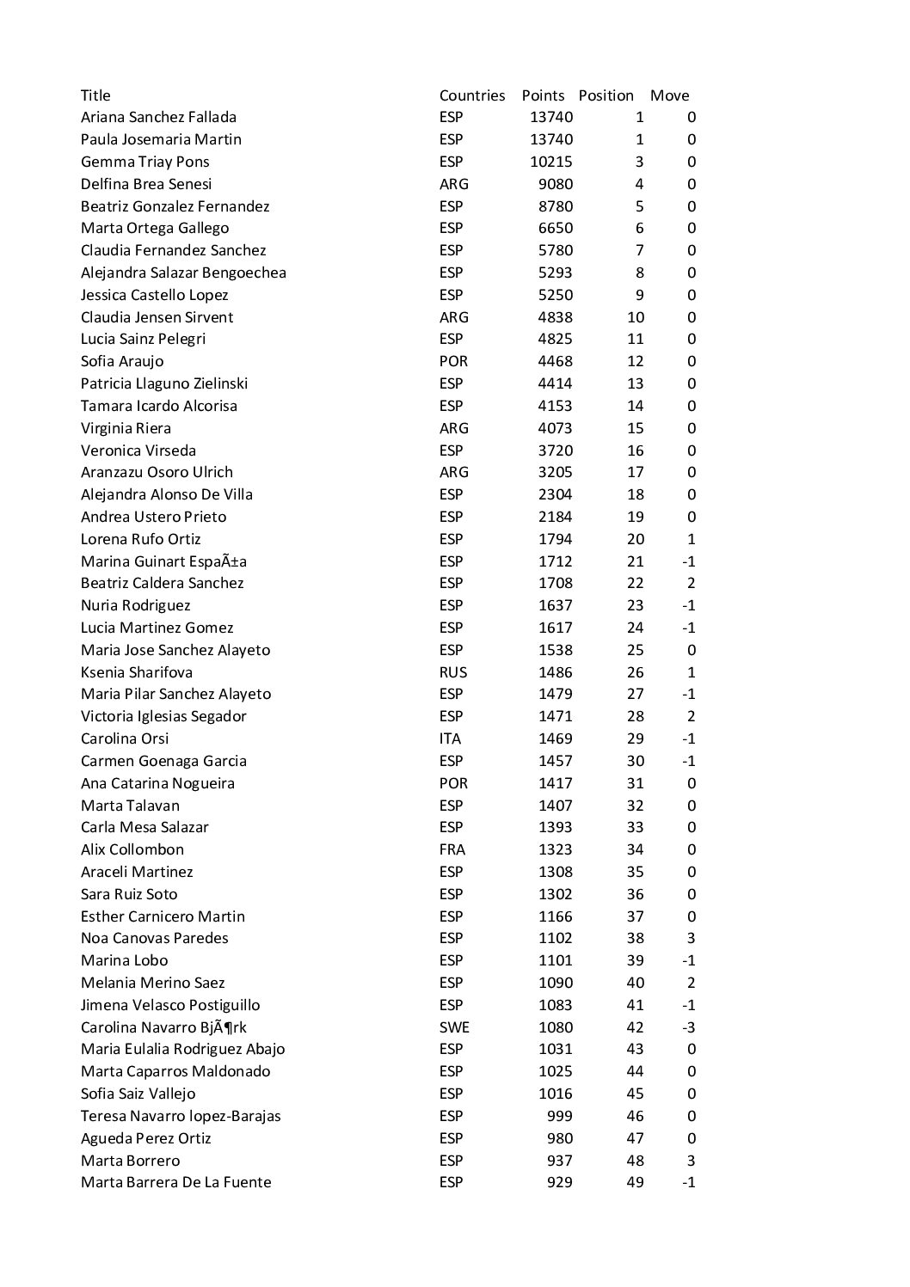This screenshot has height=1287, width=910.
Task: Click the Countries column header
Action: tap(471, 95)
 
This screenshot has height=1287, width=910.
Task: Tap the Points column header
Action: tap(543, 95)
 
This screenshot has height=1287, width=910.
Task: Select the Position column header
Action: tap(606, 95)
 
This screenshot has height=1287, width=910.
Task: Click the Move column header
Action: tap(669, 95)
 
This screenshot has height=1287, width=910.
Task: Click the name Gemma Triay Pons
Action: tap(144, 162)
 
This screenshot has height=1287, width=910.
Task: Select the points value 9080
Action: tap(555, 184)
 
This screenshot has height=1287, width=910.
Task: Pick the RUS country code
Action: tap(453, 672)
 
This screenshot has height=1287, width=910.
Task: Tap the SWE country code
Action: tap(454, 1027)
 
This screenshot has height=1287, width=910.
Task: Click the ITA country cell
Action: tap(450, 738)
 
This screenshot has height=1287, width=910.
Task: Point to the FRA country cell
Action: tap(452, 849)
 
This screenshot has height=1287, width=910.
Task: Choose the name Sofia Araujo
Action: tap(122, 361)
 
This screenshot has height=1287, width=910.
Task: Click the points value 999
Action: tap(560, 1116)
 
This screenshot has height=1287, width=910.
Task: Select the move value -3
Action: tap(688, 1027)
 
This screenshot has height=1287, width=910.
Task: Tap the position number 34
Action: tap(635, 849)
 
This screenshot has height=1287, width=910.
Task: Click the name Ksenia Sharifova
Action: tap(137, 672)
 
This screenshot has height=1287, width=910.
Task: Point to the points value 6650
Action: tap(555, 228)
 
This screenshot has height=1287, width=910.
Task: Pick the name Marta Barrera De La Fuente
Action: tap(175, 1182)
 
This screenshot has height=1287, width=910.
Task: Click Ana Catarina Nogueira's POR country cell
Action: tap(453, 783)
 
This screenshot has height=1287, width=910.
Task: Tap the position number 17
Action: tap(635, 472)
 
